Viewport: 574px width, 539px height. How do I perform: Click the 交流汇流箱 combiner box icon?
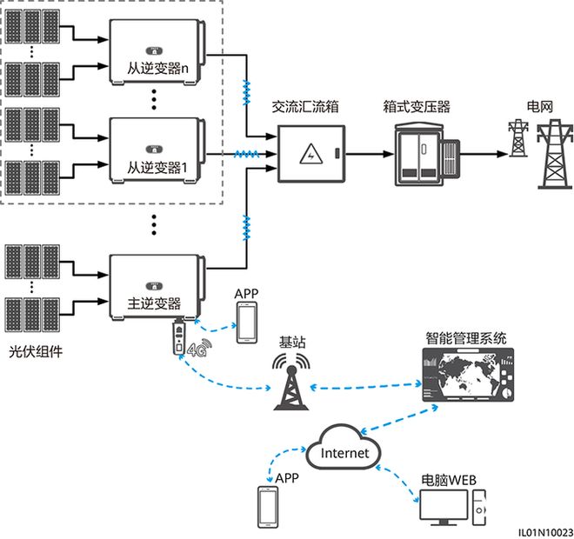pos(311,155)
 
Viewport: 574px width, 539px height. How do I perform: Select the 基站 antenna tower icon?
pos(290,381)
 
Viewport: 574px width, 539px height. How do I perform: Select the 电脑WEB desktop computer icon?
pos(452,511)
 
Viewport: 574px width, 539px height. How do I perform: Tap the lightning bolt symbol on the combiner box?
pos(308,155)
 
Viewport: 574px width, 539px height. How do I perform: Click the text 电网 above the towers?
pos(539,106)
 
